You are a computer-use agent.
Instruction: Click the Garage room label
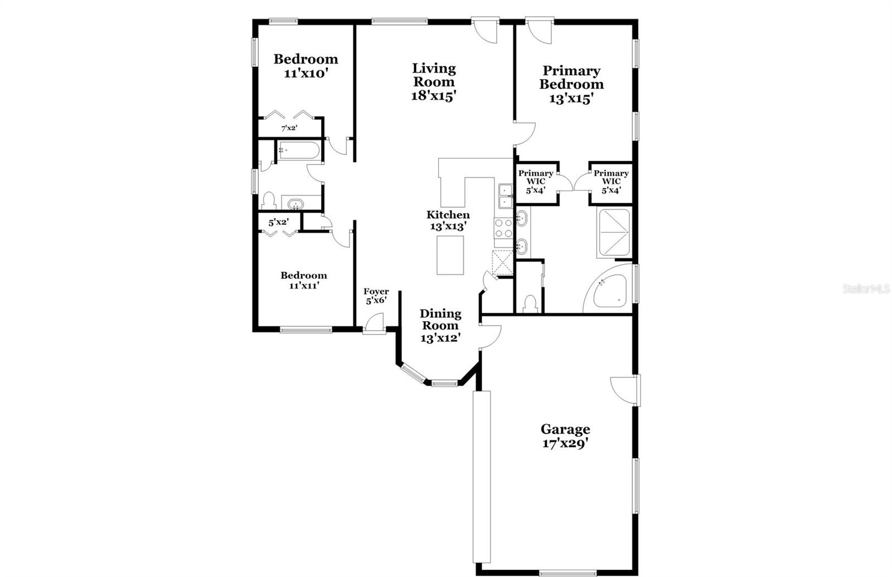click(x=565, y=429)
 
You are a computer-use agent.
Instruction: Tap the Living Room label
click(x=434, y=75)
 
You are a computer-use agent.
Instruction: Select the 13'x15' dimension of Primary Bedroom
click(x=571, y=99)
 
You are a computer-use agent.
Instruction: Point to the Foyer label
click(x=376, y=292)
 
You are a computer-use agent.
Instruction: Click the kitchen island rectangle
click(x=450, y=255)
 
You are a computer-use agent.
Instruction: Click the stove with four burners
click(x=503, y=228)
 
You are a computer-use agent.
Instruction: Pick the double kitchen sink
click(x=506, y=196)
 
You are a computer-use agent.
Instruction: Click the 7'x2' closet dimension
click(x=289, y=128)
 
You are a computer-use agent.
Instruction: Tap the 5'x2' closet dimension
click(x=278, y=222)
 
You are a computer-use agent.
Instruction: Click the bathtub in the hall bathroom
click(x=298, y=151)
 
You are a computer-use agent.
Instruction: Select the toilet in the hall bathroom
click(x=269, y=201)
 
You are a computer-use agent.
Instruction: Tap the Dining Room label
click(x=440, y=319)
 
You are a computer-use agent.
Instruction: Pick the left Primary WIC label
click(x=536, y=177)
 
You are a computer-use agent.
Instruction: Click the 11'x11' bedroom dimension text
click(x=303, y=286)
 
